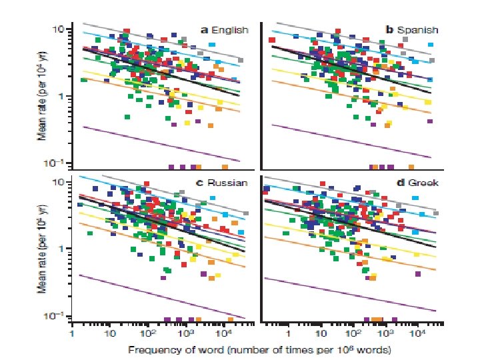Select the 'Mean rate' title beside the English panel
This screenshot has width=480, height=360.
(x=41, y=99)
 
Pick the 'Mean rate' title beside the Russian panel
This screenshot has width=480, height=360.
(x=41, y=251)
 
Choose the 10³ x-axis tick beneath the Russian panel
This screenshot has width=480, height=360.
(x=187, y=331)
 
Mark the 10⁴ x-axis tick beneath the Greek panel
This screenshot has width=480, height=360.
(x=417, y=331)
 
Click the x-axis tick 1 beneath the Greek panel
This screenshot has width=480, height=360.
(x=288, y=331)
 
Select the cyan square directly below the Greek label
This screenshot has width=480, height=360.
(x=419, y=199)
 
